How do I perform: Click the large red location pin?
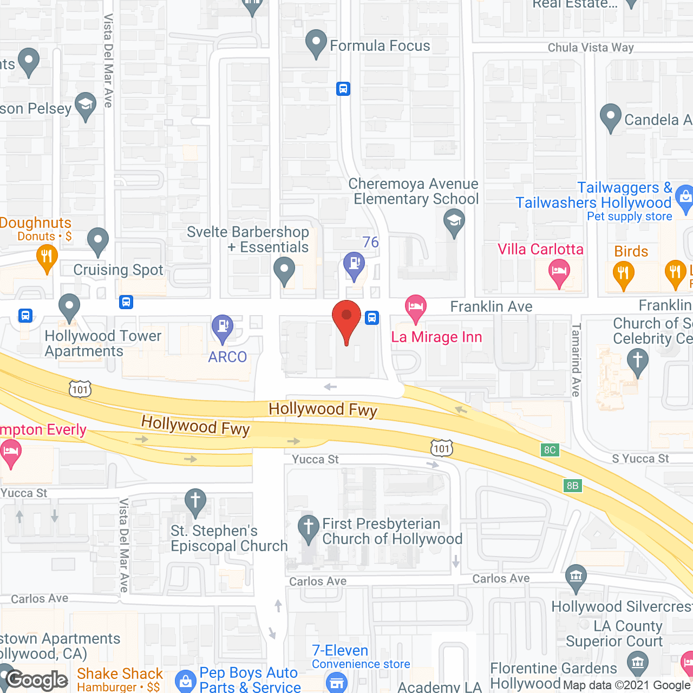click(x=346, y=319)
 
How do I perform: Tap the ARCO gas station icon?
click(x=223, y=327)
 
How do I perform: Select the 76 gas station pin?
click(x=354, y=265)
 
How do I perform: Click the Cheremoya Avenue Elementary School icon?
click(x=454, y=221)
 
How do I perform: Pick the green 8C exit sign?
click(x=550, y=450)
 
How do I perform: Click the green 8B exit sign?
click(x=573, y=486)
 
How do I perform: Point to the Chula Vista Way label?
click(x=591, y=48)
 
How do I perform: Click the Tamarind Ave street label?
click(x=576, y=359)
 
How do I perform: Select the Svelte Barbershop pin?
click(x=284, y=269)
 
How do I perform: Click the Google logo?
click(x=37, y=680)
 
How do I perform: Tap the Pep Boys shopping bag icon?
click(x=186, y=681)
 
